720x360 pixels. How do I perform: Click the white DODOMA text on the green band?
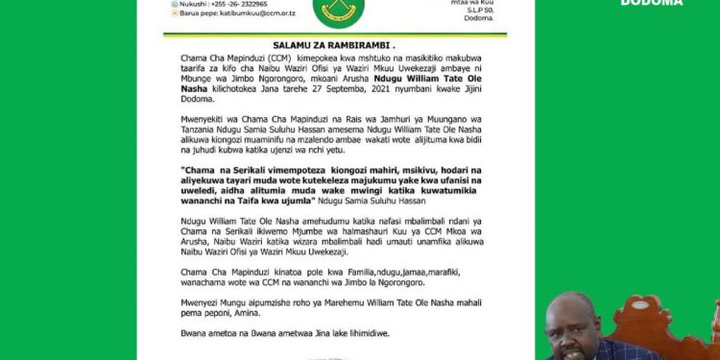(652, 3)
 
